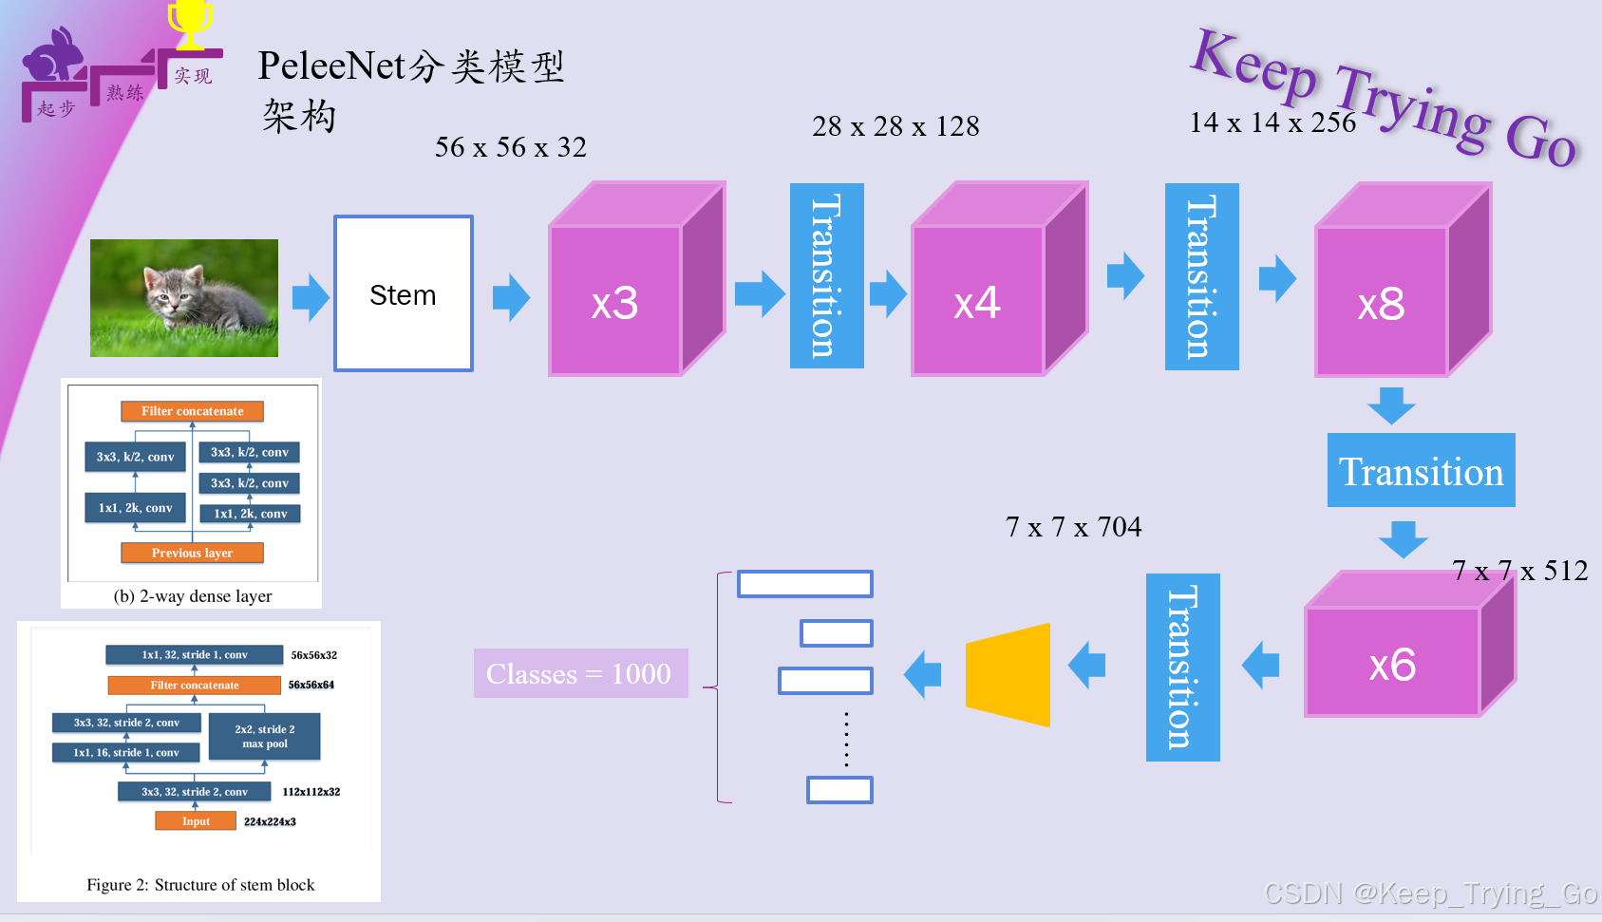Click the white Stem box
pyautogui.click(x=404, y=293)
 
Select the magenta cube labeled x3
pyautogui.click(x=616, y=300)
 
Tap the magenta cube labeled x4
pyautogui.click(x=979, y=300)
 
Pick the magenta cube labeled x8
pyautogui.click(x=1382, y=302)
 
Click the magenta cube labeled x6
pyautogui.click(x=1393, y=662)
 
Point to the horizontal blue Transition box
pyautogui.click(x=1421, y=470)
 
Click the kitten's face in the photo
pyautogui.click(x=166, y=291)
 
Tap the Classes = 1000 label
pyautogui.click(x=580, y=673)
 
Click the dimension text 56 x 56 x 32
pyautogui.click(x=511, y=147)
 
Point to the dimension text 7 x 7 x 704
pyautogui.click(x=1073, y=527)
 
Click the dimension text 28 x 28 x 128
pyautogui.click(x=895, y=126)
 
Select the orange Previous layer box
pyautogui.click(x=192, y=553)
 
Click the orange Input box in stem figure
pyautogui.click(x=196, y=821)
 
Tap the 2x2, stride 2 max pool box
pyautogui.click(x=265, y=737)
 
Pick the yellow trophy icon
pyautogui.click(x=190, y=23)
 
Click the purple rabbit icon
pyautogui.click(x=54, y=57)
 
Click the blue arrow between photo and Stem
pyautogui.click(x=310, y=297)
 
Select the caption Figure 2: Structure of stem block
pyautogui.click(x=200, y=885)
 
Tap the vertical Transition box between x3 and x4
pyautogui.click(x=826, y=275)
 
